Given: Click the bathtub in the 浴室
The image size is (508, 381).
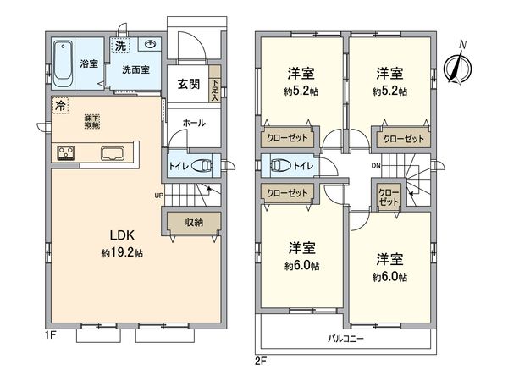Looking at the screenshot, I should click(x=64, y=63).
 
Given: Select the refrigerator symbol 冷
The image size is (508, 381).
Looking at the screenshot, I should click(x=60, y=106).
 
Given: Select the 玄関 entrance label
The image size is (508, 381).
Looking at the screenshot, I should click(x=189, y=83).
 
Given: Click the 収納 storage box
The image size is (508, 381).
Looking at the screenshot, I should click(x=194, y=222).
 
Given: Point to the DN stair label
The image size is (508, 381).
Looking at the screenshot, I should click(x=377, y=166).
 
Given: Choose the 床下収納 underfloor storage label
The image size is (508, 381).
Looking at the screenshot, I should click(x=91, y=123).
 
